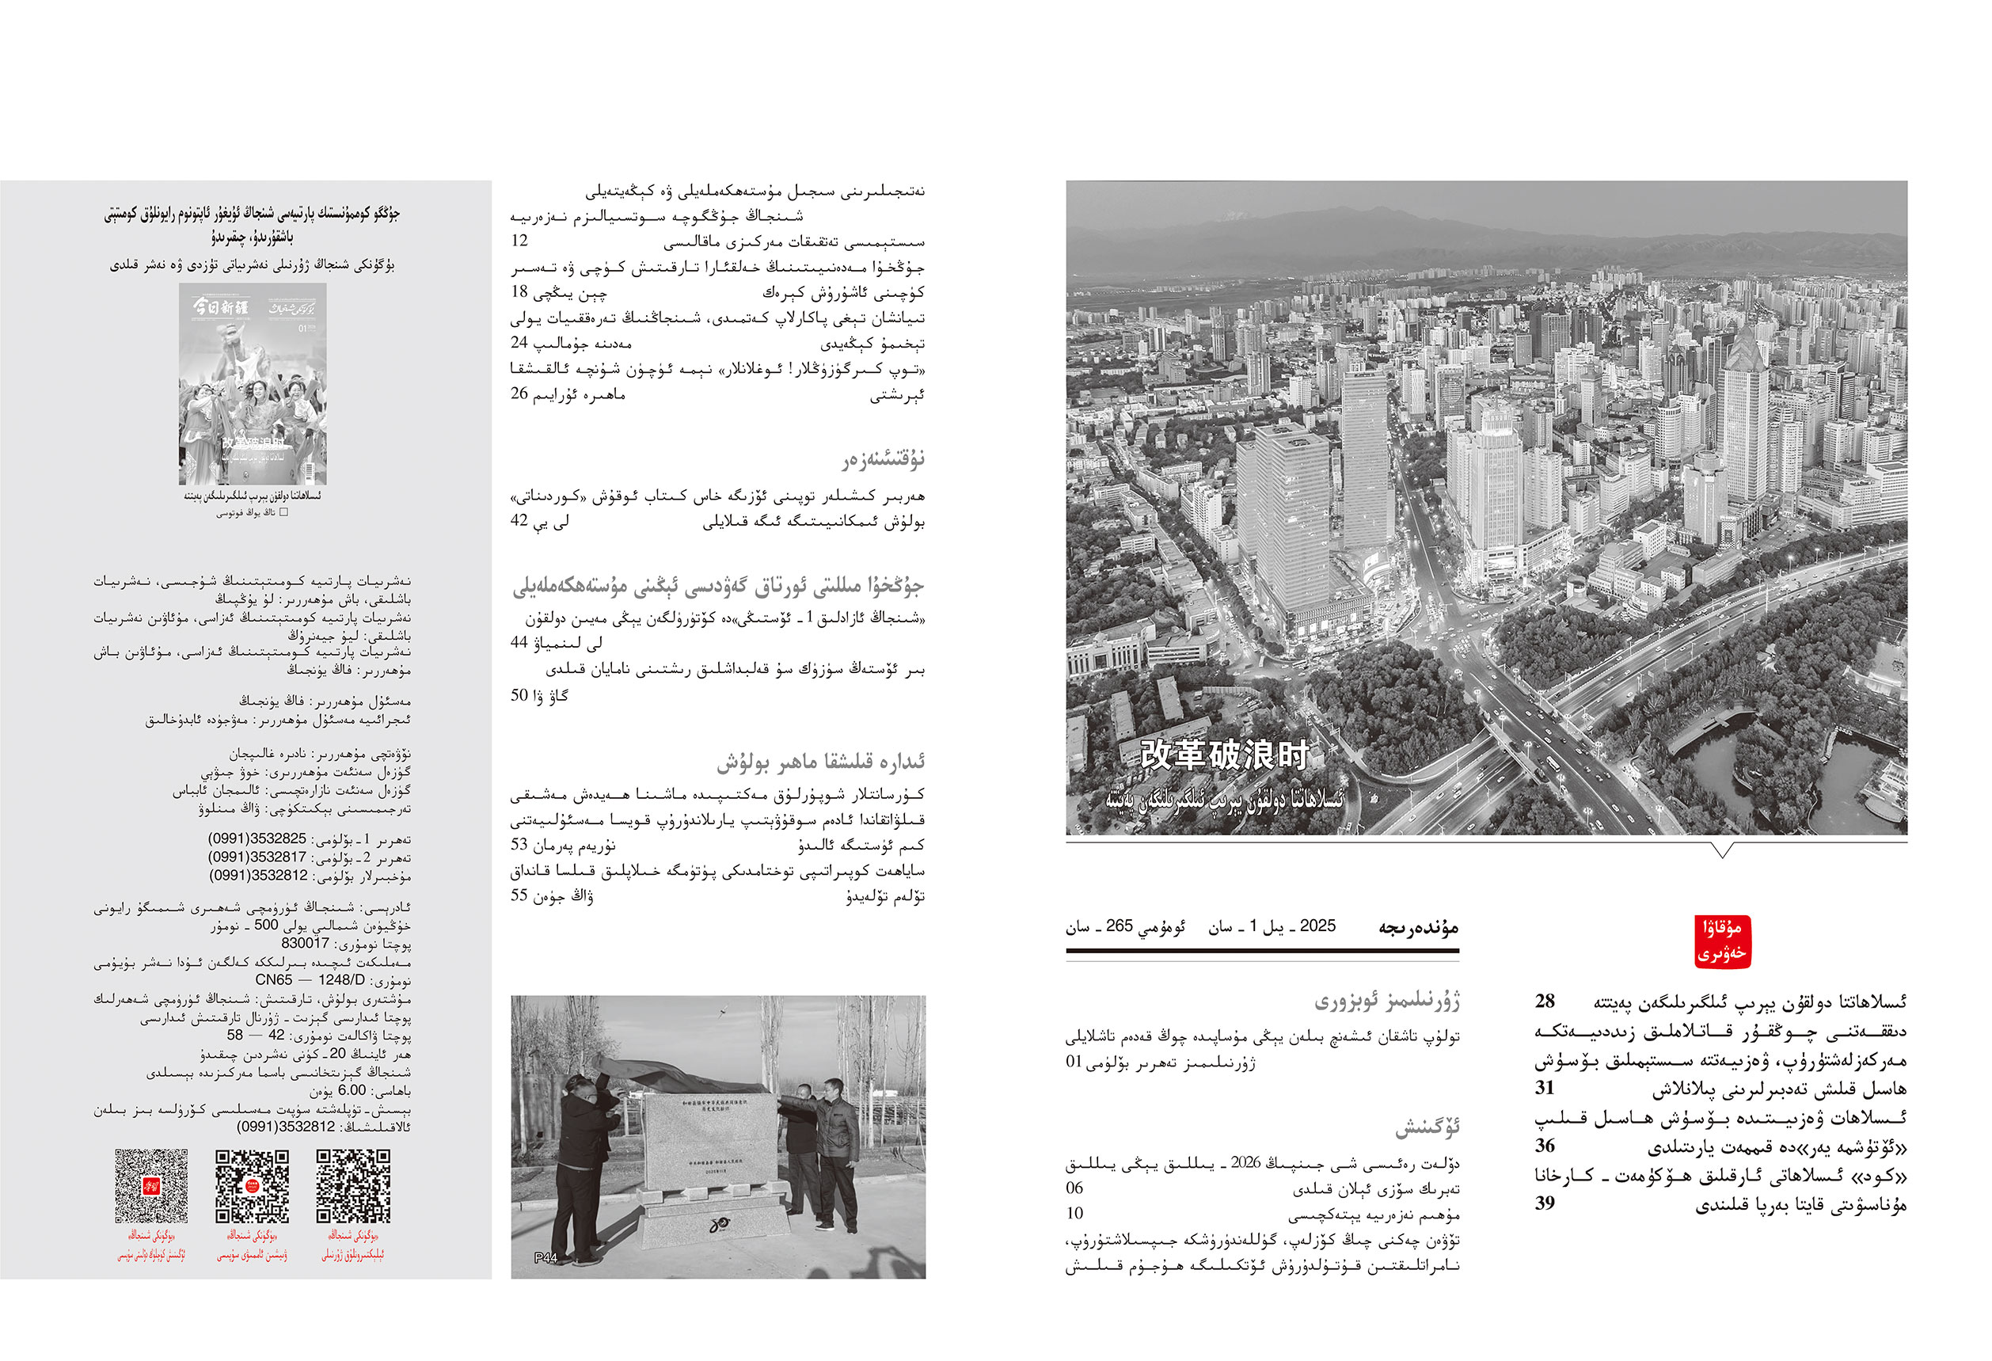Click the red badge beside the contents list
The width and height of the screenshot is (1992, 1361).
pos(1722,942)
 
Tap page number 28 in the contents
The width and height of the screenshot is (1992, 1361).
pos(1545,1001)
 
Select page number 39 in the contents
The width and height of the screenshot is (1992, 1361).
pos(1545,1203)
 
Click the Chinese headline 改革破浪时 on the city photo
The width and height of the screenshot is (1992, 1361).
pos(1223,755)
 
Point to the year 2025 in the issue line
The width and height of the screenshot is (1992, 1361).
pos(1317,926)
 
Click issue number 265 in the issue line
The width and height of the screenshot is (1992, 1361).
pos(1120,926)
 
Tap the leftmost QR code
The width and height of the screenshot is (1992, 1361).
pos(152,1186)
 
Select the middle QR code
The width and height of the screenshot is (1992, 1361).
pos(252,1186)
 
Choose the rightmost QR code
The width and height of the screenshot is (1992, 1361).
pos(353,1186)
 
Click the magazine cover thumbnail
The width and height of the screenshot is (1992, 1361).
pos(253,384)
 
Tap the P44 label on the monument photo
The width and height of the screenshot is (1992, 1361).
pos(546,1257)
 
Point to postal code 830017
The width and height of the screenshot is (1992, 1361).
pos(305,943)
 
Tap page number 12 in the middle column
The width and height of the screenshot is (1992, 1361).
pos(519,241)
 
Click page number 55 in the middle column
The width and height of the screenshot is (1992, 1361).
pos(519,895)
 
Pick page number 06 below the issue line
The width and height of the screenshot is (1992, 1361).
pos(1075,1188)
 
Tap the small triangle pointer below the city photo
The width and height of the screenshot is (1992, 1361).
pos(1722,850)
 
